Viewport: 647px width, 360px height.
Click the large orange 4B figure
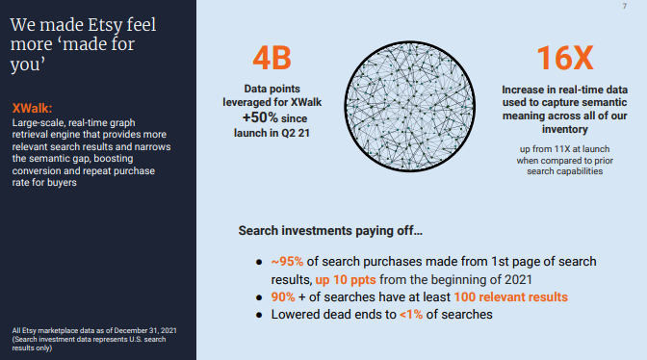coord(272,58)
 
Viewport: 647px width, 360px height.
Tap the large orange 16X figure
coord(565,58)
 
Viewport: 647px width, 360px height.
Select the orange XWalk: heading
coord(32,109)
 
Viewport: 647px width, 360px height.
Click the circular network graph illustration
coord(410,107)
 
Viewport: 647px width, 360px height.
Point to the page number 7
coord(624,6)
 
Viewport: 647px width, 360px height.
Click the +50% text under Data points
coord(260,117)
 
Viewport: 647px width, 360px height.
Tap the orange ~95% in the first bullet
coord(287,262)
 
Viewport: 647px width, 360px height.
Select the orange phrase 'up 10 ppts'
coord(346,279)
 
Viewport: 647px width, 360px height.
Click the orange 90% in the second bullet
coord(283,296)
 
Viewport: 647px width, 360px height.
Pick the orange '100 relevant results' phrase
coord(511,296)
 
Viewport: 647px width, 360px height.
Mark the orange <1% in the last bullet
coord(411,314)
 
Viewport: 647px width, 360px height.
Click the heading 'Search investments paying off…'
coord(330,230)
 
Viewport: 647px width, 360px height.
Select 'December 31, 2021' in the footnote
coord(145,330)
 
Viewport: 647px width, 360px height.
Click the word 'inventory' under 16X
coord(564,130)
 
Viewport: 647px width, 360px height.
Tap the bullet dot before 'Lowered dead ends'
coord(259,315)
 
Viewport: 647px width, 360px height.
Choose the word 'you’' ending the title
coord(28,65)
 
